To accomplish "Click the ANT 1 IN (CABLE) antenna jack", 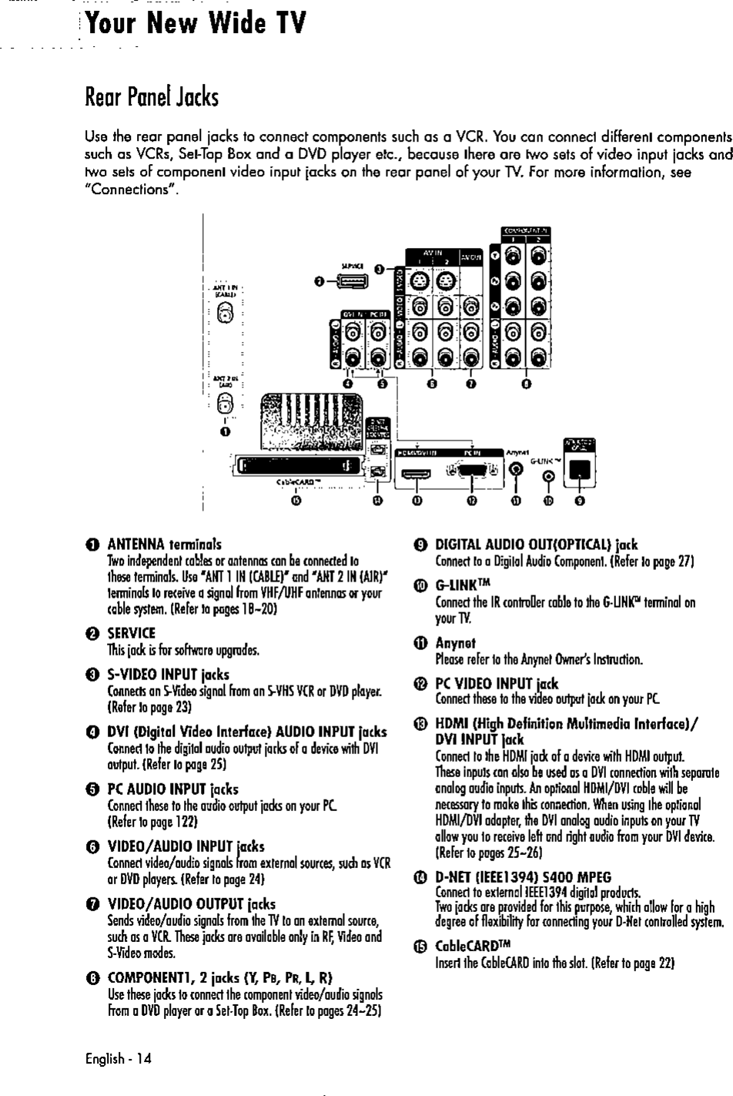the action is (224, 313).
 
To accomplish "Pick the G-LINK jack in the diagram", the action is (547, 477).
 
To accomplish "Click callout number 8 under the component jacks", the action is (526, 384).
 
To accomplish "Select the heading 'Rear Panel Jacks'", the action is (152, 98).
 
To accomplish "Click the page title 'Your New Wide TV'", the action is (196, 25).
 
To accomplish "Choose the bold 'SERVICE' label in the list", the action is (132, 632).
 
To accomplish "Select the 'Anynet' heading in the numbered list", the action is (455, 643).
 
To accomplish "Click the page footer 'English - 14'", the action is (119, 1058).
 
